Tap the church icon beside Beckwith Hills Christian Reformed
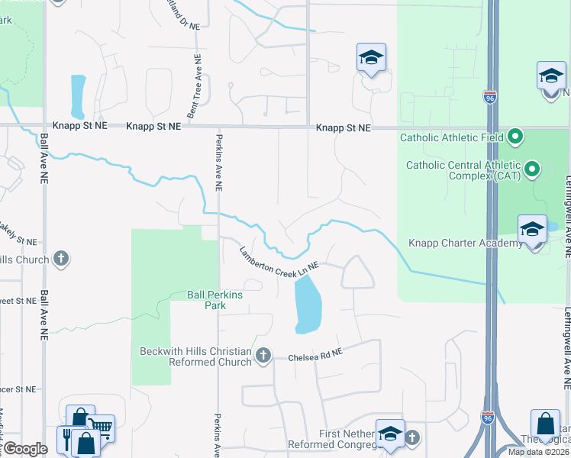(x=263, y=355)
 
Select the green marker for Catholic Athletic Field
(x=515, y=137)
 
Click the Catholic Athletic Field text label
(x=451, y=138)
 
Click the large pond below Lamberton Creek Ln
(x=308, y=304)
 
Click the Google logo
(x=25, y=449)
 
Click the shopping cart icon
(x=101, y=429)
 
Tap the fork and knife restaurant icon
(x=66, y=438)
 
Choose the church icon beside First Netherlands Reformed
(x=412, y=437)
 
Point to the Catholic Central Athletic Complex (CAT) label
(x=463, y=170)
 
